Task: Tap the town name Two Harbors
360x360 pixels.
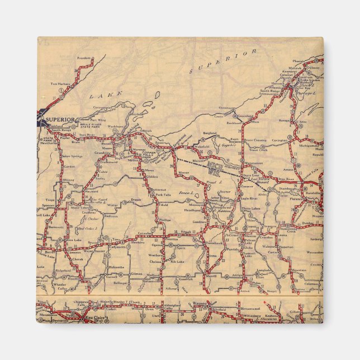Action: click(x=61, y=84)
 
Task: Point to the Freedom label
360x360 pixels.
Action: click(x=83, y=58)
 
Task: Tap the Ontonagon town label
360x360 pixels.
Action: click(x=228, y=107)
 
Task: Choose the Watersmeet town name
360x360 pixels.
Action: click(x=254, y=163)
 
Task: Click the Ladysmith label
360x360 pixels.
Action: click(x=117, y=247)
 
